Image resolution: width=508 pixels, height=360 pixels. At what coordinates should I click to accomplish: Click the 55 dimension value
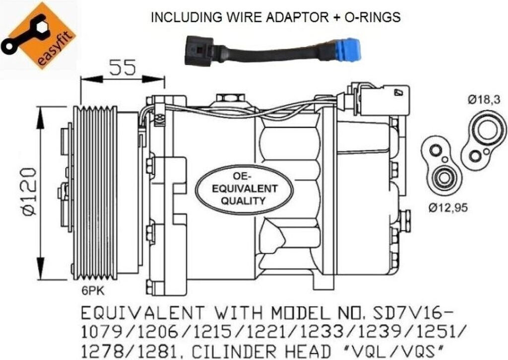click(x=122, y=68)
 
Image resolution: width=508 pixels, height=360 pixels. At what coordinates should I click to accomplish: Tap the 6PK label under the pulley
click(x=93, y=291)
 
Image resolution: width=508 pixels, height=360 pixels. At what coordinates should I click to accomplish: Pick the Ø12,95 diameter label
click(x=448, y=207)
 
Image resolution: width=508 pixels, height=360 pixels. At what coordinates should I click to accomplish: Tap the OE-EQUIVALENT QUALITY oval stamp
click(x=245, y=189)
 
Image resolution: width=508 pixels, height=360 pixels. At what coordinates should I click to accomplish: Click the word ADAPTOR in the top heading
click(x=297, y=17)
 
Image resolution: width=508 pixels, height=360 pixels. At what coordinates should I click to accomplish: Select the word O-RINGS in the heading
click(x=372, y=17)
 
